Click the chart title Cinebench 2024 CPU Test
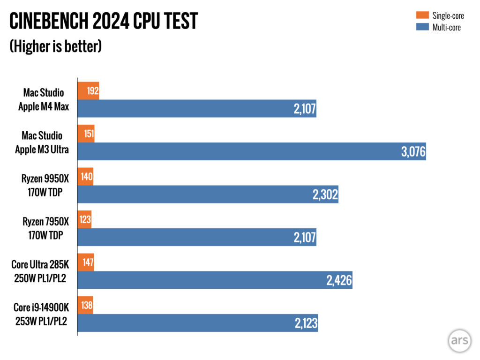click(104, 22)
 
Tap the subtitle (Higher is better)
click(56, 47)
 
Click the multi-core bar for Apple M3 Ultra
click(251, 151)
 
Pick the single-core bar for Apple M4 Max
click(88, 90)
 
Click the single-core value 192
click(93, 90)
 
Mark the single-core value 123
click(85, 219)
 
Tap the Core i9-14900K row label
click(41, 314)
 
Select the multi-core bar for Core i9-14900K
click(197, 323)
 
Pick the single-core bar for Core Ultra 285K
click(86, 262)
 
